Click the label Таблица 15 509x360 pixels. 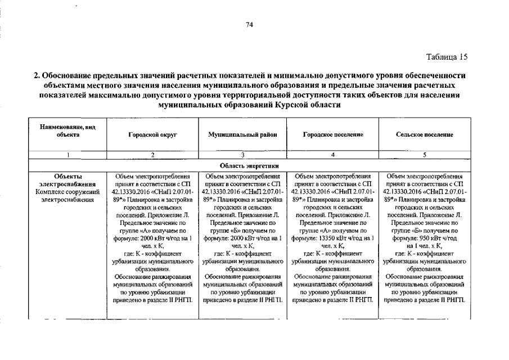click(447, 57)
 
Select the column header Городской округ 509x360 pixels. click(152, 135)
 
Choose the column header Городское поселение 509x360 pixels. click(333, 135)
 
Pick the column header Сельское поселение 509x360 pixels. click(425, 135)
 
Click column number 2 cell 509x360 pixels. click(152, 154)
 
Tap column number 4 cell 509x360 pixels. click(333, 154)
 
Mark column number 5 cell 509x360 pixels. click(425, 154)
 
